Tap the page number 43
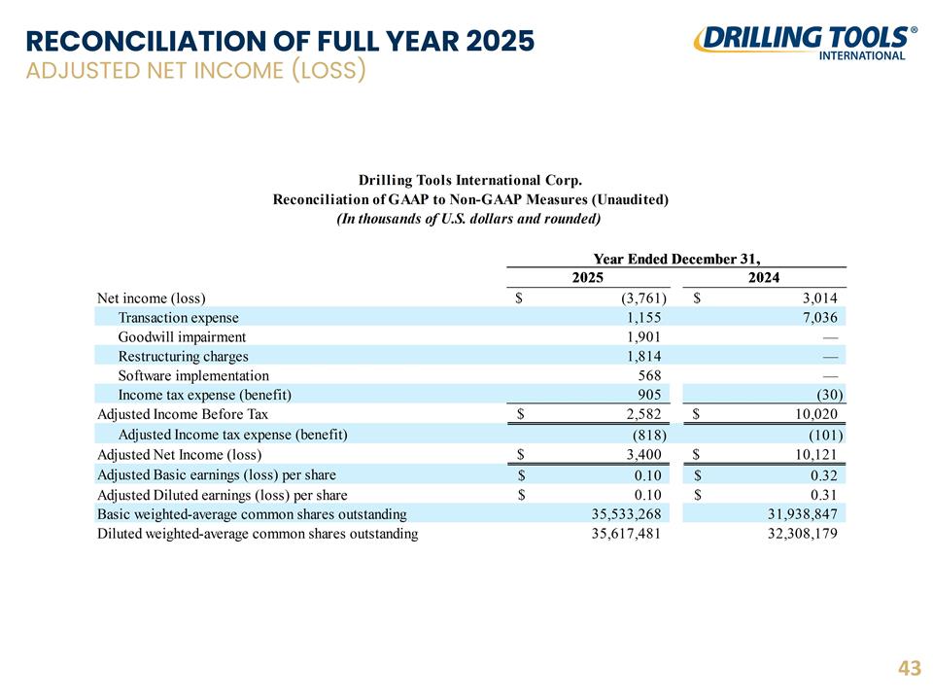click(910, 668)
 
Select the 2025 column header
click(587, 277)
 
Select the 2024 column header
click(764, 277)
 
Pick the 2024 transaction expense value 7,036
click(819, 317)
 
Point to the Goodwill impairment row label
click(182, 337)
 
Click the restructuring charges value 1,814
click(643, 356)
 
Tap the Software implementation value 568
click(649, 375)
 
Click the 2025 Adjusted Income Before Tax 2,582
click(643, 414)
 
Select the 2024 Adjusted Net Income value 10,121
click(815, 454)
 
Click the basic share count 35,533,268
click(626, 513)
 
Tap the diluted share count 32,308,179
click(802, 533)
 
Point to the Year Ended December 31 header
click(676, 259)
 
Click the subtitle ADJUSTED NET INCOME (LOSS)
click(195, 70)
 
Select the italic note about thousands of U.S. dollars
click(468, 219)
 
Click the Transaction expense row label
click(178, 317)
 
